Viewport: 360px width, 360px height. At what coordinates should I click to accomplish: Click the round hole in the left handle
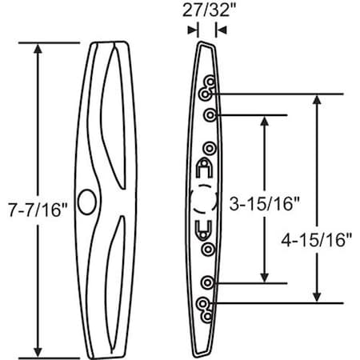pyautogui.click(x=86, y=198)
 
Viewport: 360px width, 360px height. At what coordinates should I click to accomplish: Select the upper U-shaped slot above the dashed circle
pyautogui.click(x=203, y=170)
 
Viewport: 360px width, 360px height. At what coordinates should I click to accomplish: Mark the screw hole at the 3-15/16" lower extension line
pyautogui.click(x=208, y=282)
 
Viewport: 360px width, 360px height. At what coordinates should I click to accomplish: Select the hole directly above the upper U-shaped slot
pyautogui.click(x=209, y=148)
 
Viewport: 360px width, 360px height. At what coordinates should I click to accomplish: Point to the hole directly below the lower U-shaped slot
pyautogui.click(x=208, y=250)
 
